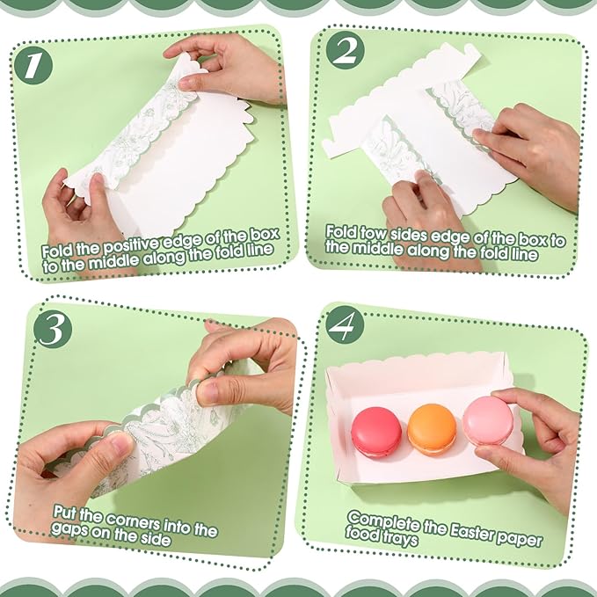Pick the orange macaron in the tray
431,428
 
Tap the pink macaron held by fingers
487,423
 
